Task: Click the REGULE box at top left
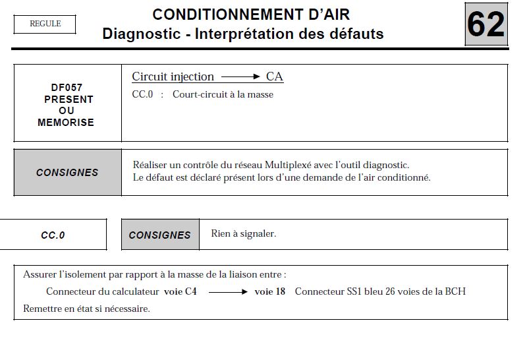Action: coord(45,24)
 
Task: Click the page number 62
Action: coord(486,24)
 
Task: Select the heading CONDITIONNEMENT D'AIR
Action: coord(251,14)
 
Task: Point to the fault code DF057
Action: coord(66,87)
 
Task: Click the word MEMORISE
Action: coord(66,122)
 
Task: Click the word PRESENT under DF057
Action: coord(66,99)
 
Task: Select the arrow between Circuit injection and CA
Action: coord(240,77)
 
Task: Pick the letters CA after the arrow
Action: coord(275,76)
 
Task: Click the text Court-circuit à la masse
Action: coord(223,94)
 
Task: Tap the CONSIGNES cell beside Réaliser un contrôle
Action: coord(67,172)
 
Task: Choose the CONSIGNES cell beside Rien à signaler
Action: coord(159,235)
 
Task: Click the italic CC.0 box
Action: coord(53,235)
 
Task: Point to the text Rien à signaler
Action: coord(244,233)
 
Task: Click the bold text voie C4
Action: coord(180,291)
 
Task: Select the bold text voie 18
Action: coord(270,291)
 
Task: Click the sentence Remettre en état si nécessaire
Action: coord(86,309)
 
